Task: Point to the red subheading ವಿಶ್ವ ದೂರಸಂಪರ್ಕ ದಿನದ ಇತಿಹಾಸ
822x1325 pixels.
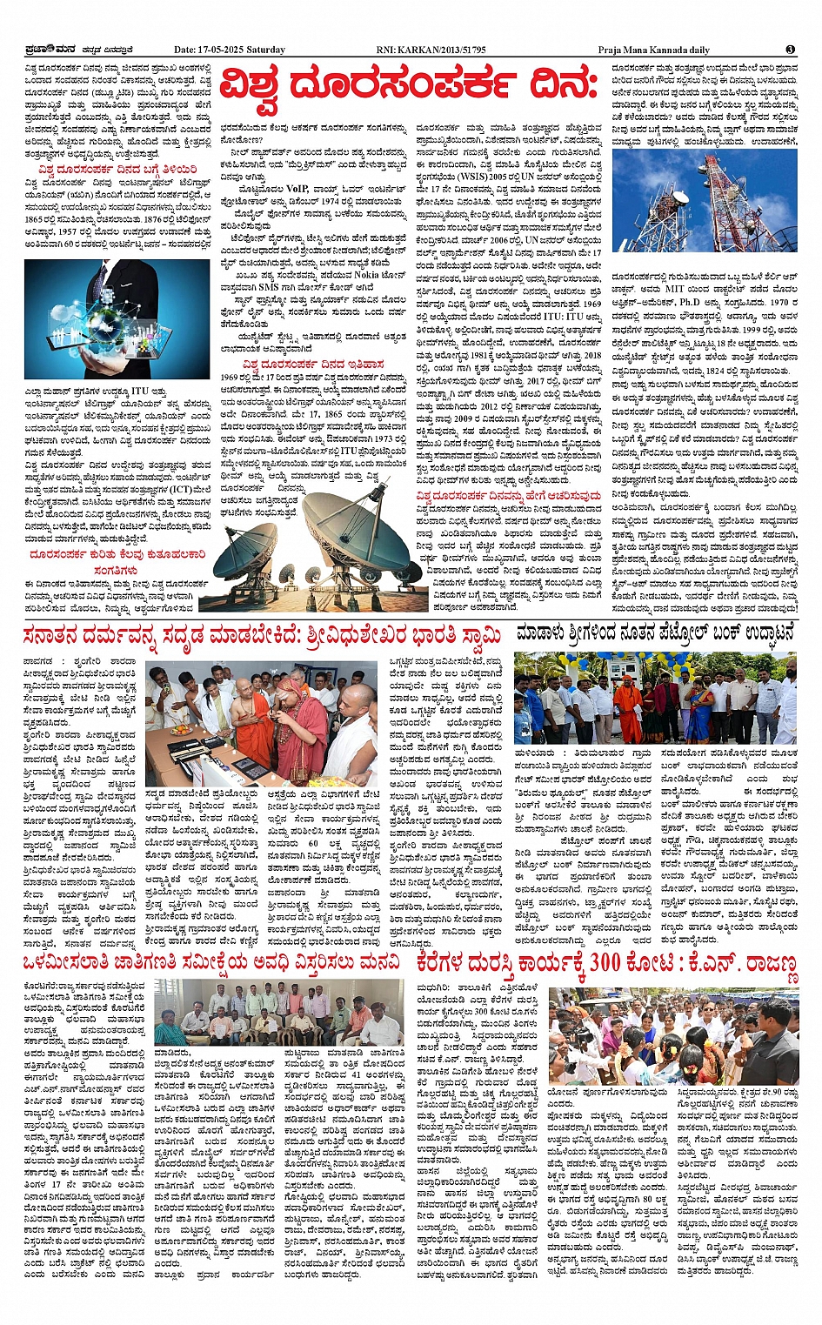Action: tap(313, 364)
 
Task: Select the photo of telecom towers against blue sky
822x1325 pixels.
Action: tap(705, 202)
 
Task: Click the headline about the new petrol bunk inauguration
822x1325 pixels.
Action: tap(655, 633)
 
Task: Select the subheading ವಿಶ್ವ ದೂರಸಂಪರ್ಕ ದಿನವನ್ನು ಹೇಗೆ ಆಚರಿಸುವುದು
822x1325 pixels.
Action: tap(508, 495)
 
